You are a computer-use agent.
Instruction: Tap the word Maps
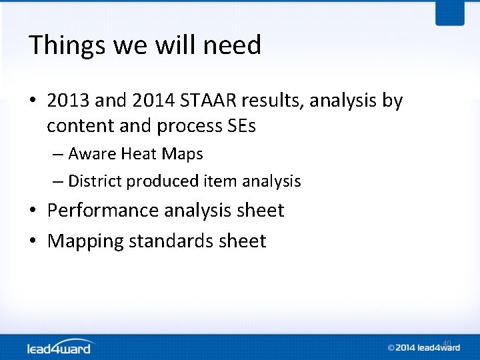click(183, 154)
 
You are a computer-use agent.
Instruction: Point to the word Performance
click(104, 211)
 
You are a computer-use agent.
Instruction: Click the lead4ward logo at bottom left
click(61, 347)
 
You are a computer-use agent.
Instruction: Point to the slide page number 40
click(447, 343)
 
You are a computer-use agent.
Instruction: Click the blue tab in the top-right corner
click(449, 12)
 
